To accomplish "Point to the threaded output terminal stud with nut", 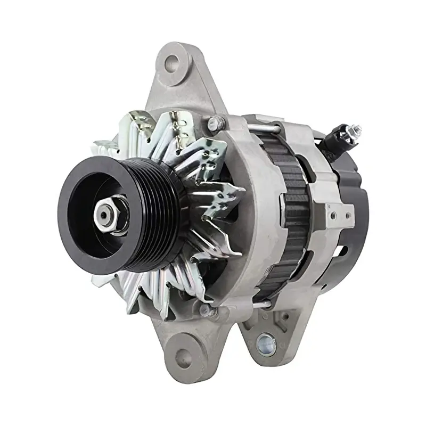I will pos(352,130).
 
